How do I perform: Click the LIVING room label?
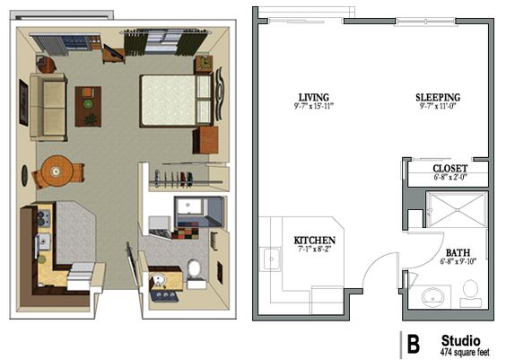[x=314, y=98]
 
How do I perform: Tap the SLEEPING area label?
[x=438, y=98]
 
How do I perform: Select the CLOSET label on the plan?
[x=449, y=169]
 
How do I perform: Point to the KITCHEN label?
[x=314, y=241]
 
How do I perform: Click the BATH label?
[x=458, y=253]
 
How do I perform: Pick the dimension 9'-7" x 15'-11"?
[x=313, y=106]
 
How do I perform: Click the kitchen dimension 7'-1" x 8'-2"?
[x=313, y=249]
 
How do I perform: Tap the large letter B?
[x=413, y=344]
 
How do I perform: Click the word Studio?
[x=460, y=341]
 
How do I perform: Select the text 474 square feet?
[x=465, y=352]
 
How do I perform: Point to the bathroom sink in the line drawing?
[x=433, y=297]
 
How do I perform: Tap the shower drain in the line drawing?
[x=457, y=210]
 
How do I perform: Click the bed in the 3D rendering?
[x=176, y=101]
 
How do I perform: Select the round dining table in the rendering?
[x=57, y=171]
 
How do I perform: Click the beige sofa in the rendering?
[x=48, y=107]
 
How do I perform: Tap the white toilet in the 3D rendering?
[x=195, y=273]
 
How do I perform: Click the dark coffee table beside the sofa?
[x=88, y=106]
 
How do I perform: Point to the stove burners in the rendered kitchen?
[x=44, y=218]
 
